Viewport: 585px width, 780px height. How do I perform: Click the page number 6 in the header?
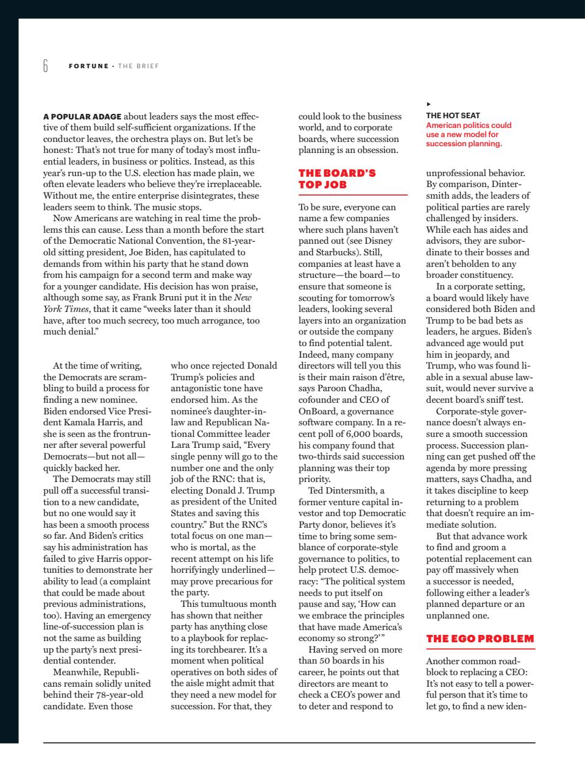(x=46, y=66)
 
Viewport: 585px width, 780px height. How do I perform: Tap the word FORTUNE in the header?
(x=88, y=66)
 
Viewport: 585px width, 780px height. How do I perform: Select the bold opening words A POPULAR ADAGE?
(x=83, y=116)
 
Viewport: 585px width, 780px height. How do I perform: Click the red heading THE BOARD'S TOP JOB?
(x=337, y=179)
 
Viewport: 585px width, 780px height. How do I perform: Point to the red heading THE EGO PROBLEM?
(x=480, y=639)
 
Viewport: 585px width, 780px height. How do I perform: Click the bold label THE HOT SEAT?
(x=453, y=115)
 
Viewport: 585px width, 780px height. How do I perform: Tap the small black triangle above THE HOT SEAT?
(x=428, y=104)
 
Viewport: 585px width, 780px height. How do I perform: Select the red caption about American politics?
(x=469, y=134)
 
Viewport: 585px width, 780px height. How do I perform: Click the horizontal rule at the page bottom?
(x=289, y=742)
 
